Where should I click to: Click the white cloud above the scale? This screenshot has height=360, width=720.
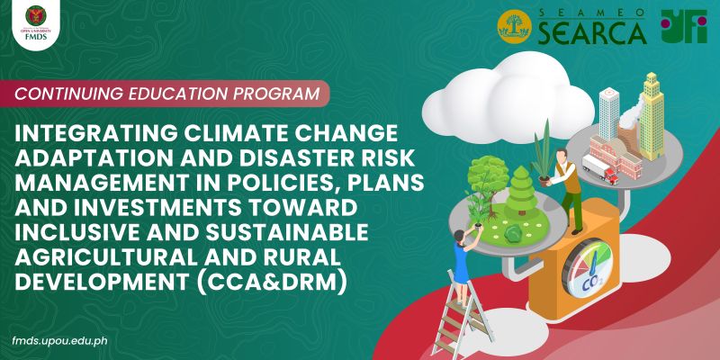pyautogui.click(x=499, y=79)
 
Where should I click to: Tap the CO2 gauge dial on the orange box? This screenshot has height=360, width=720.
pyautogui.click(x=601, y=269)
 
